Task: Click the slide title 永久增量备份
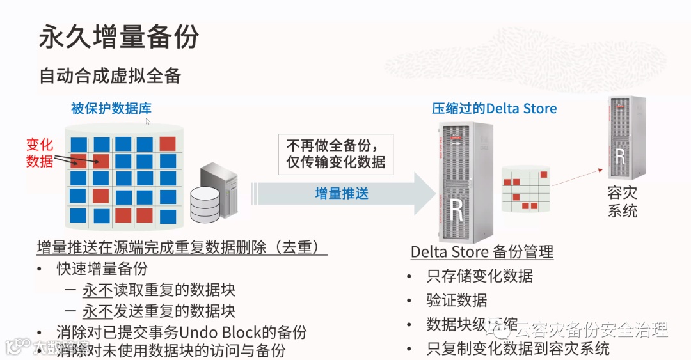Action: click(118, 37)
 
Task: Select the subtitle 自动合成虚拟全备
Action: click(110, 75)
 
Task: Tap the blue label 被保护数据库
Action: click(111, 108)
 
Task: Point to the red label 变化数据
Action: click(40, 153)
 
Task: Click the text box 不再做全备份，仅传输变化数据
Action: click(335, 153)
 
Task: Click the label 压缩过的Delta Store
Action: click(494, 108)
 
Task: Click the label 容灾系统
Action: click(622, 201)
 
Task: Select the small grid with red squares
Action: click(527, 190)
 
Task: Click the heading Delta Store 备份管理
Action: click(482, 252)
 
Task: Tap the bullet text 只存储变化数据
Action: click(479, 276)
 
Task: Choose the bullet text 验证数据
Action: click(456, 300)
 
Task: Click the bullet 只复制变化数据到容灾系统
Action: click(518, 348)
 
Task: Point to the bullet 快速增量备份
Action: click(102, 269)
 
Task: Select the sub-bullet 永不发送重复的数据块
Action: click(159, 311)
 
